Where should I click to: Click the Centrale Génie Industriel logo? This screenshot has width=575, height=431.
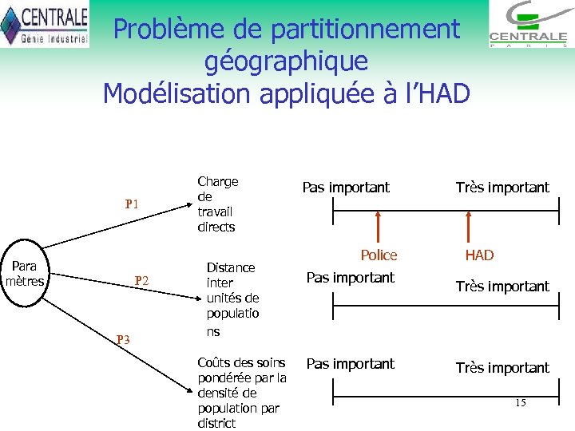[44, 24]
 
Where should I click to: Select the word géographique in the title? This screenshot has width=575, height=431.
[286, 61]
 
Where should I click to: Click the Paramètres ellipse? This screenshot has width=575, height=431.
[24, 273]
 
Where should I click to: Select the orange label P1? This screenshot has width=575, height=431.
[133, 204]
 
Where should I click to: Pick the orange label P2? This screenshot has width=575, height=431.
[142, 280]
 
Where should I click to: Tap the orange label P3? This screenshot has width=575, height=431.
[123, 339]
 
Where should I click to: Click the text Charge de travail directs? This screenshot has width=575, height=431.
[217, 204]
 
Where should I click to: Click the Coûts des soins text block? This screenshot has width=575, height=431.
[241, 393]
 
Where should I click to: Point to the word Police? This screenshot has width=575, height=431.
[379, 255]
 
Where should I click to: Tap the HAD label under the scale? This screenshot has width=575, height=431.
[479, 255]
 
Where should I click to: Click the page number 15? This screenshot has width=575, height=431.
[520, 402]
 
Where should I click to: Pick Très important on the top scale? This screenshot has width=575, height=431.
[502, 188]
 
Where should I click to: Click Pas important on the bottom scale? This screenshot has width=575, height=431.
[351, 364]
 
